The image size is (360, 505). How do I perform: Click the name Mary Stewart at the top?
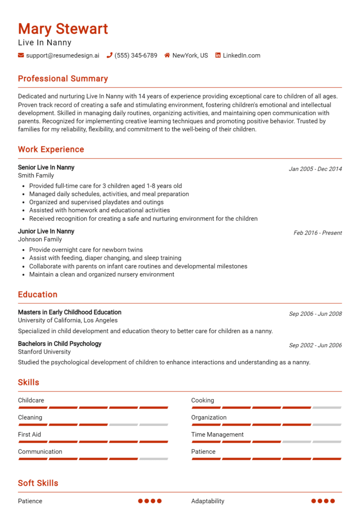click(63, 29)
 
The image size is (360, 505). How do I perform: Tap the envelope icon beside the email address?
click(21, 55)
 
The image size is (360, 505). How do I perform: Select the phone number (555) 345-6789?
click(136, 55)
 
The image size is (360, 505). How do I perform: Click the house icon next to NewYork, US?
click(167, 55)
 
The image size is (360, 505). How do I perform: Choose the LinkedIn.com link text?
click(241, 55)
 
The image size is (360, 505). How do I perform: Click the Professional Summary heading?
click(63, 79)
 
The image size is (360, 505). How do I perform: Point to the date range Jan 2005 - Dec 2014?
click(315, 169)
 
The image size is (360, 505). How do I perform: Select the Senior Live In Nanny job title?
click(46, 167)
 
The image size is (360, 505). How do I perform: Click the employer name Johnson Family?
click(40, 239)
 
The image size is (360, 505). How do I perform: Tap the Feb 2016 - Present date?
click(317, 233)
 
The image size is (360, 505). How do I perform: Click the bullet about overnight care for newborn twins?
click(86, 250)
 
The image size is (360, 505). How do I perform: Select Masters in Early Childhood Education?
click(69, 312)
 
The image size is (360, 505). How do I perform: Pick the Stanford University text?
click(44, 351)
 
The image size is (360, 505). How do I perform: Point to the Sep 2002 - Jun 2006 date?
click(315, 345)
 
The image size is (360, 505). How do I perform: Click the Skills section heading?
click(29, 382)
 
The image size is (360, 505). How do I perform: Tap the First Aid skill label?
click(30, 434)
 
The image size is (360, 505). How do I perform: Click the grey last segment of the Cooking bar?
click(327, 408)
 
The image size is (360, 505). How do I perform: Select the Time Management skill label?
click(217, 434)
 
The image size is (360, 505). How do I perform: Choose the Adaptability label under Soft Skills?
click(208, 501)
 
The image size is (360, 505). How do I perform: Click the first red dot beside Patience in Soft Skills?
click(141, 501)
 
